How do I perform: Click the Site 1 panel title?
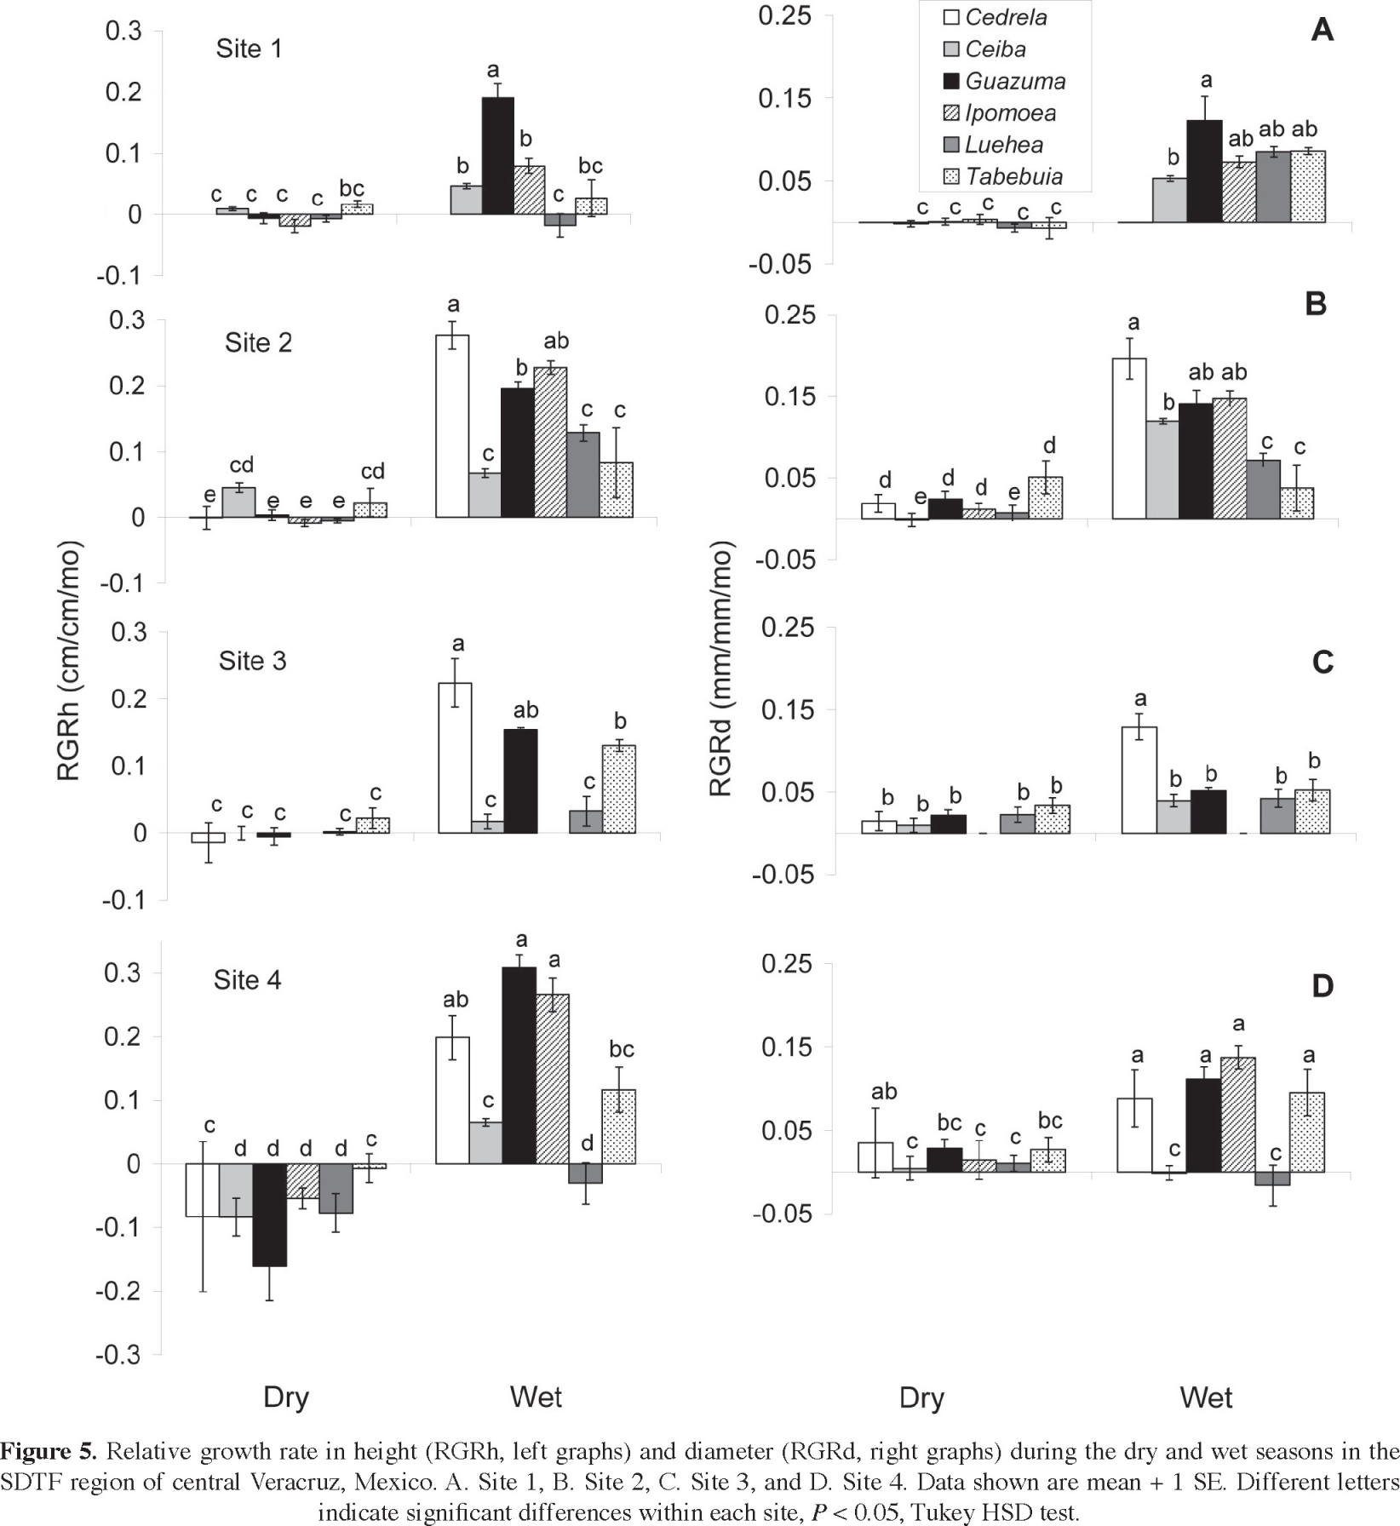coord(249,49)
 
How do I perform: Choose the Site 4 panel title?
coord(247,980)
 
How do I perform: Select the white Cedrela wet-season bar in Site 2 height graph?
coord(452,426)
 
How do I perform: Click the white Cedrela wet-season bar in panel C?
coord(1139,779)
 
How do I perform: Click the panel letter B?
coord(1316,304)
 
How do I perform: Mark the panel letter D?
coord(1322,986)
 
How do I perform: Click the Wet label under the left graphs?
coord(536,1397)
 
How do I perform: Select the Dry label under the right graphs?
coord(921,1398)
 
